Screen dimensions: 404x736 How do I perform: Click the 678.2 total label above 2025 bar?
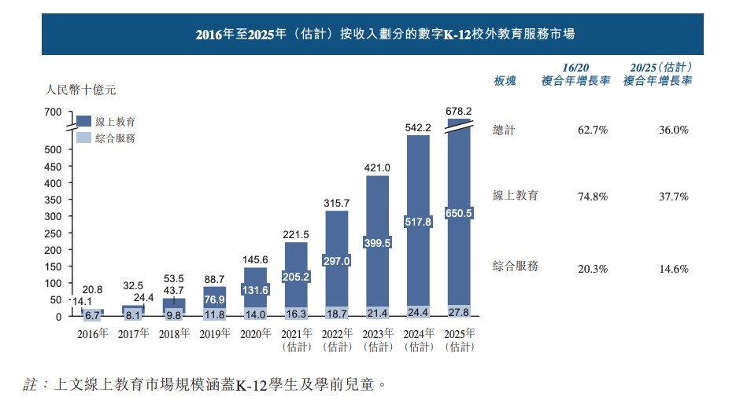click(x=458, y=111)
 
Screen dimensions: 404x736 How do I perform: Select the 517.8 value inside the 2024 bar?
click(x=417, y=222)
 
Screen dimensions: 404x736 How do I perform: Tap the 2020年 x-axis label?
click(x=254, y=333)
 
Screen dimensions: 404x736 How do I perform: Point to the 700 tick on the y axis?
click(x=53, y=113)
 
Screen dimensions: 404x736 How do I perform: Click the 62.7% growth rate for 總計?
click(x=593, y=130)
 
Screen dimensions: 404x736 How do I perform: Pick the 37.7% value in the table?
click(x=674, y=196)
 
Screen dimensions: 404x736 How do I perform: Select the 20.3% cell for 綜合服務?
click(x=593, y=268)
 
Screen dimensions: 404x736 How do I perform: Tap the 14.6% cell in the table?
click(x=674, y=268)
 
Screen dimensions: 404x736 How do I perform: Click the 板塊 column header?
click(x=505, y=81)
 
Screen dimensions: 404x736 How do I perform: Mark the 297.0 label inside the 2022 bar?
click(x=336, y=260)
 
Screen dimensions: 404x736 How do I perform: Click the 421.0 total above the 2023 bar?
click(x=377, y=167)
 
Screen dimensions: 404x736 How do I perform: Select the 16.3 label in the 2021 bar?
click(x=295, y=312)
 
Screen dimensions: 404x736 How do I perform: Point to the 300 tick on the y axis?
click(x=53, y=216)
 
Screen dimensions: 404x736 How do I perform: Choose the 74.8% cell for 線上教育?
click(x=593, y=196)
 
